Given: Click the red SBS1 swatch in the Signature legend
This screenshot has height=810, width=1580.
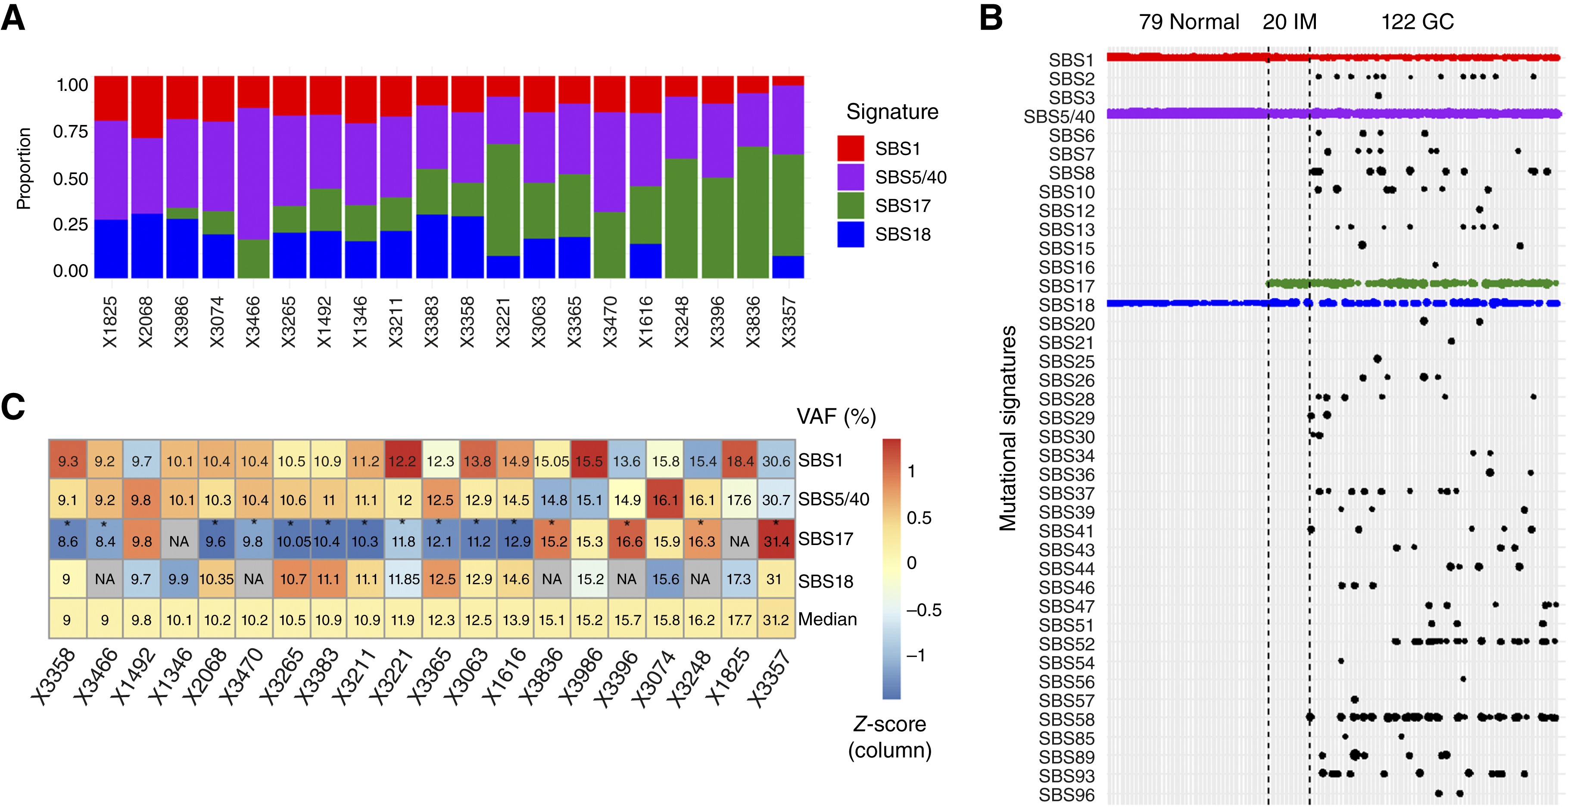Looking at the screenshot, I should coord(850,148).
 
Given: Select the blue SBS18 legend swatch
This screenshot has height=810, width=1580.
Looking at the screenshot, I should coord(850,234).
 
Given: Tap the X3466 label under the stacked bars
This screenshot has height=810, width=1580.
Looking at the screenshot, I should coord(252,322).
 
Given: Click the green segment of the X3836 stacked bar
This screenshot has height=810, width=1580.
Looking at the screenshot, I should coord(753,212).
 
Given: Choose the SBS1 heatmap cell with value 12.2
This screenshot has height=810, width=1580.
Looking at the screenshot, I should coord(402,461).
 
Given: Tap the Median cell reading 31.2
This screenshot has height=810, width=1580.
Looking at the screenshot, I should coord(776,620).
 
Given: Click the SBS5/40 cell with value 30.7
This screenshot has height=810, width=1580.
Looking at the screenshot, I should coord(776,500).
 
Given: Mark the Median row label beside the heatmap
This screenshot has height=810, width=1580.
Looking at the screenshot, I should coord(827,619).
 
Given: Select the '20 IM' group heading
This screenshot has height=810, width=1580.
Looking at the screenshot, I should coord(1289,22).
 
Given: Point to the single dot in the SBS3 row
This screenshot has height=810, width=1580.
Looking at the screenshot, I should coord(1378,96).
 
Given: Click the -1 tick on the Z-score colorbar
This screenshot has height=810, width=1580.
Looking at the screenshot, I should coord(916,655).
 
